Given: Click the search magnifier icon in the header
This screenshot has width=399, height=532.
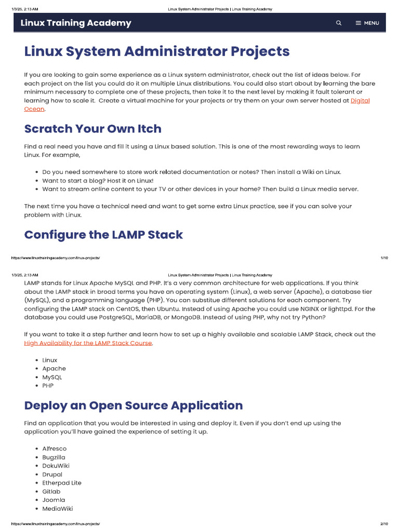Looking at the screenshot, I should [339, 23].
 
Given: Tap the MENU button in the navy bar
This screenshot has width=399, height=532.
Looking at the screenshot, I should [367, 23].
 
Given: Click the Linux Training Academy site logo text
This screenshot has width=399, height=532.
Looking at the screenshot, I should [76, 23].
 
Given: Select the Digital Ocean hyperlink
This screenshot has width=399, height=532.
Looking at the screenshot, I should [360, 101].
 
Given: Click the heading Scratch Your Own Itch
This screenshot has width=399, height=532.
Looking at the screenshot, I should [93, 129].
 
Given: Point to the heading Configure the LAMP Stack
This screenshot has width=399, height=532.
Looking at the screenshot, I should [103, 234].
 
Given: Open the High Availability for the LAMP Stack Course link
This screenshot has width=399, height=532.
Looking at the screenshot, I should [88, 343].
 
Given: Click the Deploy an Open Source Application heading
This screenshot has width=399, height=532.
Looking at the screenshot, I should [134, 405].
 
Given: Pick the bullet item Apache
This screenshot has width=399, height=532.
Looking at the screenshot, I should [54, 368].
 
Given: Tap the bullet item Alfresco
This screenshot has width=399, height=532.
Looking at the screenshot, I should [55, 448].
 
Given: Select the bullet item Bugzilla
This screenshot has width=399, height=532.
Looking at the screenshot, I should [54, 457].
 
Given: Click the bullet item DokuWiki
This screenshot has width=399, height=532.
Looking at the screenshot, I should [56, 465].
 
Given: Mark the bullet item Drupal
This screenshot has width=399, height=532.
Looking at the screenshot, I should [52, 474].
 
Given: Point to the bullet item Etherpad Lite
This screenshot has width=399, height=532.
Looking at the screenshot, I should [62, 483].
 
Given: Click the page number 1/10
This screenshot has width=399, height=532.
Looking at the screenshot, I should [384, 258].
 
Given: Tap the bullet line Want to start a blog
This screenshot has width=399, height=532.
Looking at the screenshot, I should [98, 180].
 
